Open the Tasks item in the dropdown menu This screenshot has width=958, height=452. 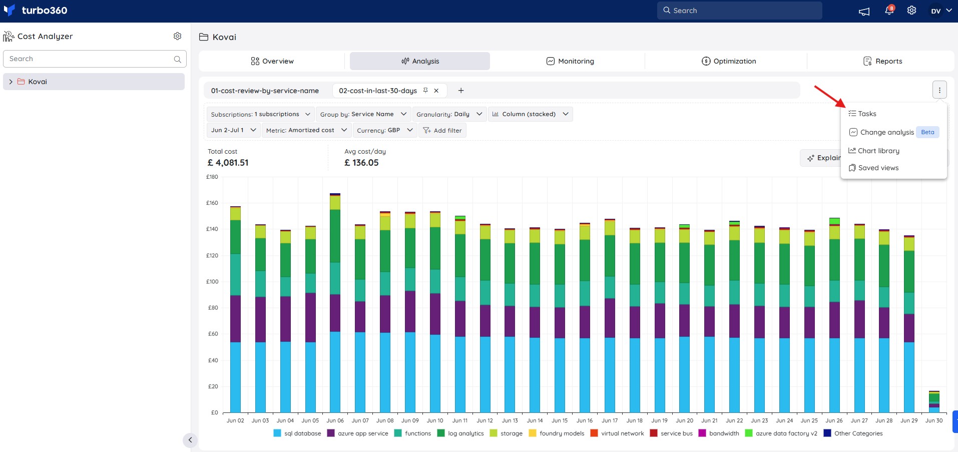(x=862, y=114)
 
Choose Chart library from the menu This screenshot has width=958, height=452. (x=874, y=151)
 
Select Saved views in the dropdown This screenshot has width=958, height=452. (x=874, y=168)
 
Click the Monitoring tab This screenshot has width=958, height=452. (x=570, y=61)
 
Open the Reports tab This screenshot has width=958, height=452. (x=882, y=61)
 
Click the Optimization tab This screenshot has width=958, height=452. (x=729, y=61)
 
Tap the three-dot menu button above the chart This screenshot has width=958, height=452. (x=939, y=90)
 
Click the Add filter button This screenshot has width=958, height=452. (x=442, y=130)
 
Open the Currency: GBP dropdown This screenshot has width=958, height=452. (x=384, y=130)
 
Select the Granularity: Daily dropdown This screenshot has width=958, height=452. (x=449, y=114)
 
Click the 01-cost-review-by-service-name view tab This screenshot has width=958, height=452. (x=265, y=91)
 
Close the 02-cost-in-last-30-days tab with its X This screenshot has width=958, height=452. (x=436, y=91)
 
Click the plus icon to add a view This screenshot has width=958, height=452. (x=461, y=91)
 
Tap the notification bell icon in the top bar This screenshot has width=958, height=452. (x=889, y=11)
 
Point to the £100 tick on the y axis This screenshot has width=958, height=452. (x=213, y=281)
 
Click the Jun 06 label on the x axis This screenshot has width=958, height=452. (x=335, y=420)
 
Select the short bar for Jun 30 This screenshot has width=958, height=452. (x=934, y=401)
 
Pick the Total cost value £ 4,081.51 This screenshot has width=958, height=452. (x=228, y=163)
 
